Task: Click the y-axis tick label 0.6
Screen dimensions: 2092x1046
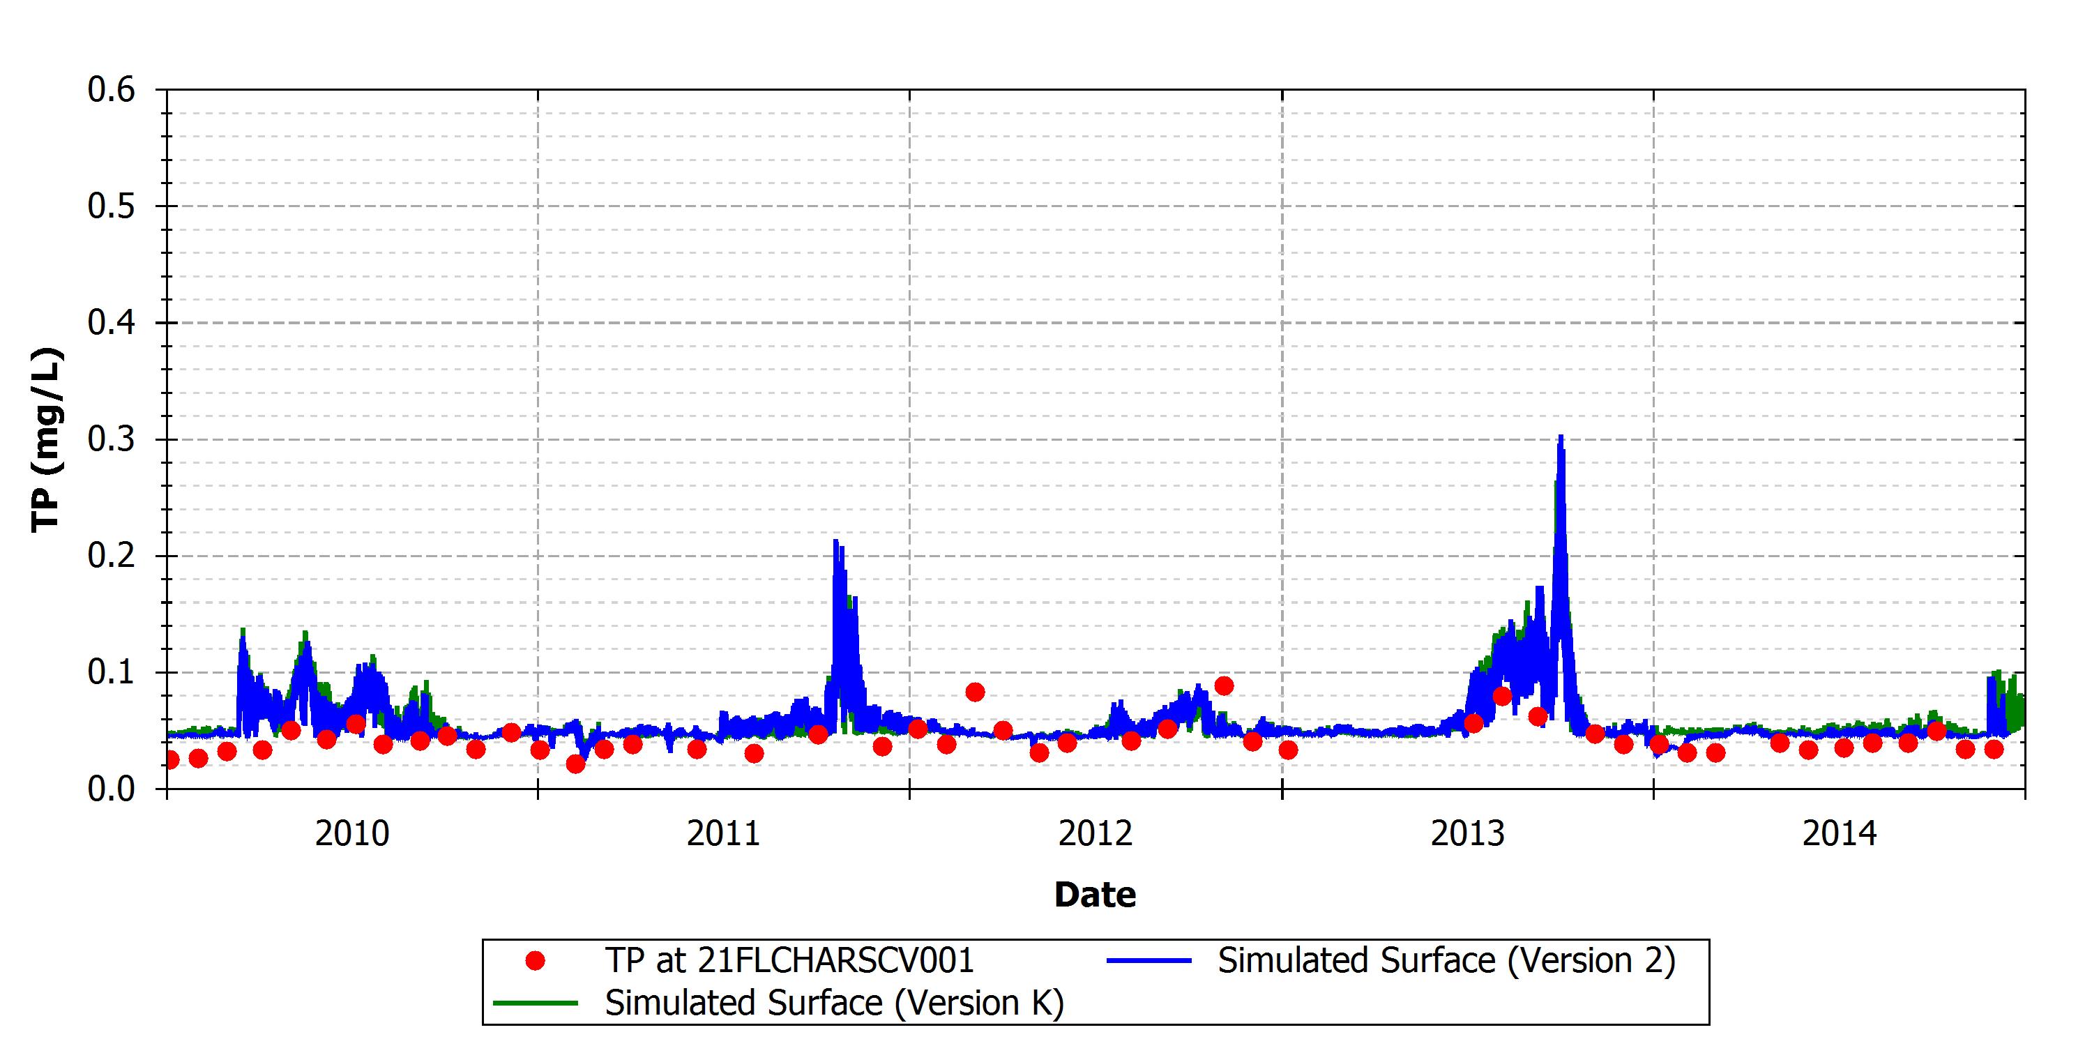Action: [112, 89]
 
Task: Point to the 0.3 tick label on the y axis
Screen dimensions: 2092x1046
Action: [112, 439]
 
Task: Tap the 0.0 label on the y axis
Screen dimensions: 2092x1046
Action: [112, 789]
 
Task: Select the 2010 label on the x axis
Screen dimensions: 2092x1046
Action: [352, 833]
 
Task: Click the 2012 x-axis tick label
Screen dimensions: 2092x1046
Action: [1096, 833]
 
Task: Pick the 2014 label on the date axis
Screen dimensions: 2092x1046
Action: [1840, 833]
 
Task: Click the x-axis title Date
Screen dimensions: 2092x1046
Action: [1095, 894]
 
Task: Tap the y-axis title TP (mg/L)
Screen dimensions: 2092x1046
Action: [46, 439]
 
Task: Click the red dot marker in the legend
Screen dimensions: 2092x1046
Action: [535, 961]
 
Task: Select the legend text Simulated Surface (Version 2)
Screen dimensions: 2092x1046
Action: [1446, 961]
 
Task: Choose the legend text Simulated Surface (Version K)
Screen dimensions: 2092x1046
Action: [834, 1003]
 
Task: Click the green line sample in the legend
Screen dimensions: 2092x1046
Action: [535, 1003]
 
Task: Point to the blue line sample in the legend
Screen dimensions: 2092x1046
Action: [1149, 961]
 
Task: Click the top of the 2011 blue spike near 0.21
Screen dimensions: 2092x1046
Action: [835, 541]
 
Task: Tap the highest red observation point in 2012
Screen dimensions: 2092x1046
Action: [1224, 686]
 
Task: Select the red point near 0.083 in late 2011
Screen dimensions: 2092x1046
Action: [976, 692]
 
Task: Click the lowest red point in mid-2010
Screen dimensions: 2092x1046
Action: [575, 764]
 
